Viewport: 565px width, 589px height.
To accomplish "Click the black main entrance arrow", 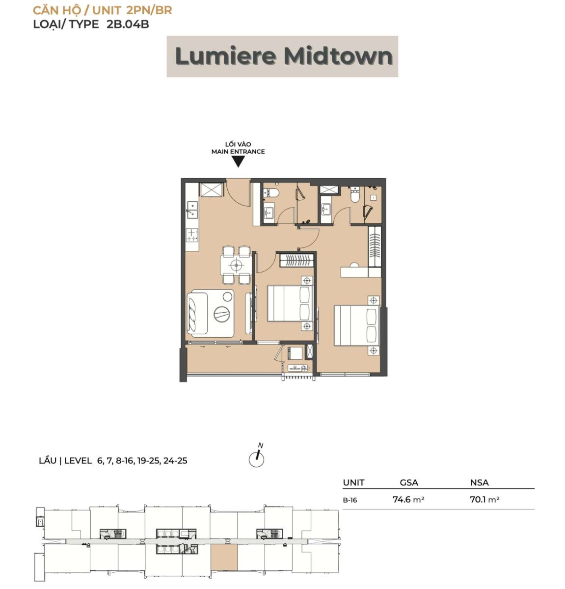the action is [x=238, y=162].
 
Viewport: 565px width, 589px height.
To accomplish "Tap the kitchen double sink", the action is [x=192, y=210].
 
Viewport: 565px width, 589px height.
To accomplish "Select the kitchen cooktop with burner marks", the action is [x=192, y=235].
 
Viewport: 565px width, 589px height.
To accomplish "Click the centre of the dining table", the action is [x=236, y=265].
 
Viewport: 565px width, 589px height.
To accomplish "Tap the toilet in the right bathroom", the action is [x=355, y=194].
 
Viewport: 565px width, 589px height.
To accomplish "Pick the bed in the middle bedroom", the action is [x=290, y=303].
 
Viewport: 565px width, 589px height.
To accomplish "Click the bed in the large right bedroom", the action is [x=357, y=325].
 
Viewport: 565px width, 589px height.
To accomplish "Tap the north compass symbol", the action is [x=257, y=457].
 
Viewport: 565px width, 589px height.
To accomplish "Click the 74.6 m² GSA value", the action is [x=408, y=499].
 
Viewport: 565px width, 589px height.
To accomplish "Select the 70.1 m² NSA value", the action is [x=484, y=499].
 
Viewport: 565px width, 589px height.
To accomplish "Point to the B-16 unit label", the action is [x=350, y=500].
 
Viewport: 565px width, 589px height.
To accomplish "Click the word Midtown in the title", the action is [x=338, y=56].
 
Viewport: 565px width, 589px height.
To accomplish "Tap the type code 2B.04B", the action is [x=128, y=24].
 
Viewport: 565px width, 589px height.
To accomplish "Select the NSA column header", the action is [x=480, y=482].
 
